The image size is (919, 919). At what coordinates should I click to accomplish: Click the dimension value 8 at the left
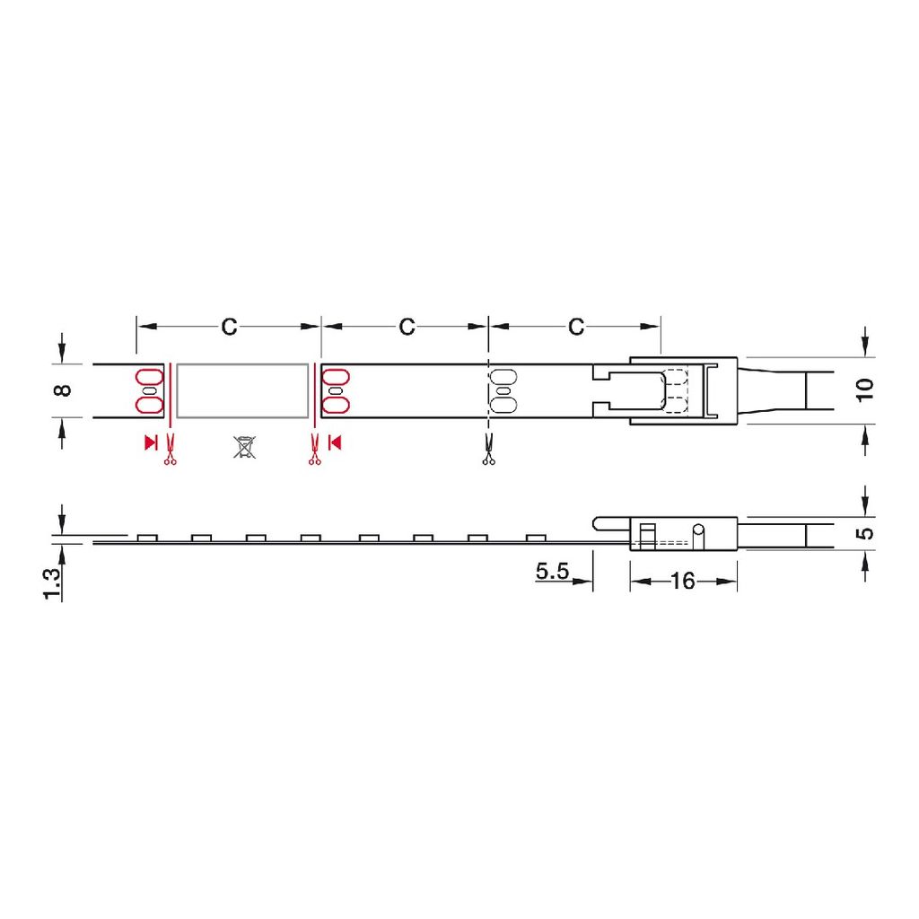click(61, 390)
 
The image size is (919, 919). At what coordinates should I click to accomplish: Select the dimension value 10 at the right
click(865, 390)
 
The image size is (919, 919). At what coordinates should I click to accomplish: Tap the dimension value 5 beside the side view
click(865, 533)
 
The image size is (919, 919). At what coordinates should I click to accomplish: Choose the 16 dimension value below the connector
click(682, 582)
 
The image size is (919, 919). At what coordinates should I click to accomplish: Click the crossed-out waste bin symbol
click(244, 447)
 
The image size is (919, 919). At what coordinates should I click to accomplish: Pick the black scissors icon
click(488, 450)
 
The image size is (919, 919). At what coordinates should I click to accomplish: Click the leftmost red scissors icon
click(170, 450)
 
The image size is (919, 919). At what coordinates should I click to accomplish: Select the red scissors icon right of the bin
click(314, 450)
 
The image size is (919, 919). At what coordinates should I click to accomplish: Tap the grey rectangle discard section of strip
click(242, 391)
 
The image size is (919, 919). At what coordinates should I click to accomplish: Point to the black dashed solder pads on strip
click(503, 391)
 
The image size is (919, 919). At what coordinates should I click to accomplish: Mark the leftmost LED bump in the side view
click(147, 538)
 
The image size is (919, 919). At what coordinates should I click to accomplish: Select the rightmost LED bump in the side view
click(536, 538)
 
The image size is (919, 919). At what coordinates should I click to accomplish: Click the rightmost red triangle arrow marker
click(335, 441)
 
